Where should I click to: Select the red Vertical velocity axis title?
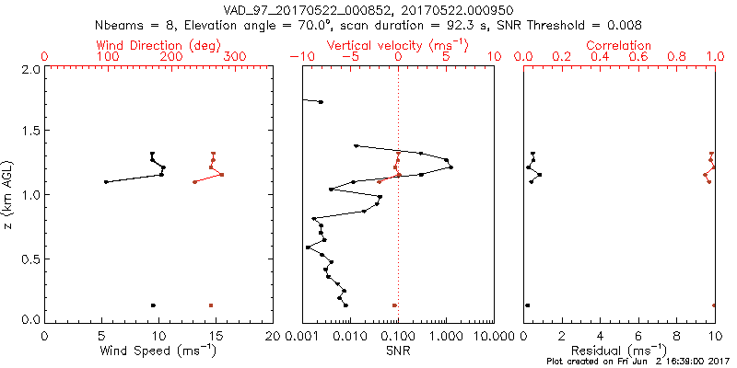point(398,45)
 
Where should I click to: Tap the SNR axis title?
point(398,351)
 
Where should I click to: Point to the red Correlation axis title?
point(619,45)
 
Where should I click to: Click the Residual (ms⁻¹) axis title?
point(619,351)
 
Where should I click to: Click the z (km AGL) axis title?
point(8,194)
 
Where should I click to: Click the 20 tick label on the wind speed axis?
point(273,337)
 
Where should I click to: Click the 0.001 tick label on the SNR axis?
point(302,337)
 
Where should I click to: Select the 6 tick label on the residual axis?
point(638,337)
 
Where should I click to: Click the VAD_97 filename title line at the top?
point(368,9)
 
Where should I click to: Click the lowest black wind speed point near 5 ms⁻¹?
point(106,182)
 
